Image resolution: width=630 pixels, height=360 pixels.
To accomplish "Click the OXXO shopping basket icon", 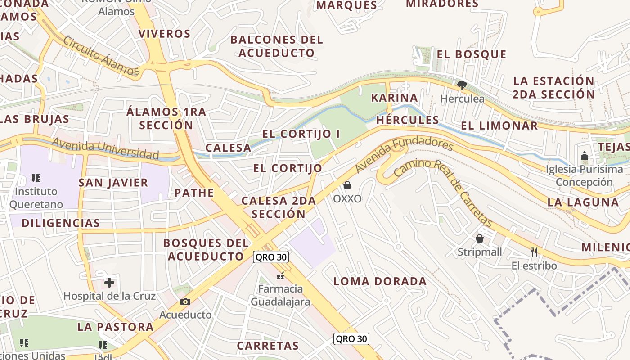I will pyautogui.click(x=347, y=185).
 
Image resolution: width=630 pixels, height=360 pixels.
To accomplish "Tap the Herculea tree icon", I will pyautogui.click(x=462, y=85).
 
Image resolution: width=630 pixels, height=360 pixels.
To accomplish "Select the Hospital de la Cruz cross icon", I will pyautogui.click(x=109, y=283).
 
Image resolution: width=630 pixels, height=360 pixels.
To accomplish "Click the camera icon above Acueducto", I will pyautogui.click(x=185, y=301).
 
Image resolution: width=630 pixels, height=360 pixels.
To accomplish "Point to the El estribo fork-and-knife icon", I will pyautogui.click(x=534, y=252).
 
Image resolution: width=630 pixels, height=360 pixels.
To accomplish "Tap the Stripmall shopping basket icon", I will pyautogui.click(x=480, y=238).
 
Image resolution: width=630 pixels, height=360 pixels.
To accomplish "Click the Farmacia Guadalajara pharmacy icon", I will pyautogui.click(x=280, y=275).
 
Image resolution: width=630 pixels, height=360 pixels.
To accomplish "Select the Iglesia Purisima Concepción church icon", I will pyautogui.click(x=585, y=156).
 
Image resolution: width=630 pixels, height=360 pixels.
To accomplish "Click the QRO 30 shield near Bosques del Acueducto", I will pyautogui.click(x=271, y=257).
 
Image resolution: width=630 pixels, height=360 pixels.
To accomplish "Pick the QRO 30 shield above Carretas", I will pyautogui.click(x=351, y=339).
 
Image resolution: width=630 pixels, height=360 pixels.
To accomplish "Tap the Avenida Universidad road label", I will pyautogui.click(x=105, y=149).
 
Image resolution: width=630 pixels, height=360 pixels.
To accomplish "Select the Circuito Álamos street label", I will pyautogui.click(x=101, y=56).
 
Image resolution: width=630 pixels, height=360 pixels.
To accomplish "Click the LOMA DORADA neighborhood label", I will pyautogui.click(x=380, y=282).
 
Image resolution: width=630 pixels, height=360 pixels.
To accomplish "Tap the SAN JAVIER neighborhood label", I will pyautogui.click(x=113, y=183).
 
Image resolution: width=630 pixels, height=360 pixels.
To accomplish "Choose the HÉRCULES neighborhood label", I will pyautogui.click(x=407, y=120).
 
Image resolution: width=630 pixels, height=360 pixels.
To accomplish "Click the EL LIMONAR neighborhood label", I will pyautogui.click(x=499, y=126).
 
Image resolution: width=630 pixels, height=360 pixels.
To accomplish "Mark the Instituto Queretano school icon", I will pyautogui.click(x=36, y=178).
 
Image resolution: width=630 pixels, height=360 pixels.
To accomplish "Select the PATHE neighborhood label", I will pyautogui.click(x=194, y=193).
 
